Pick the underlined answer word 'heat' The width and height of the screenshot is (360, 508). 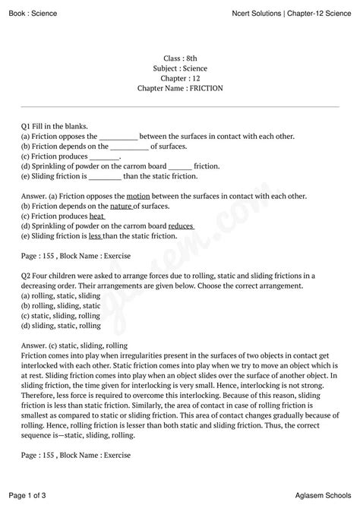tap(96, 216)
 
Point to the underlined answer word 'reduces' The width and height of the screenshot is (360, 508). tap(181, 226)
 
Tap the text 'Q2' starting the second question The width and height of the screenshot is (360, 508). tap(27, 276)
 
